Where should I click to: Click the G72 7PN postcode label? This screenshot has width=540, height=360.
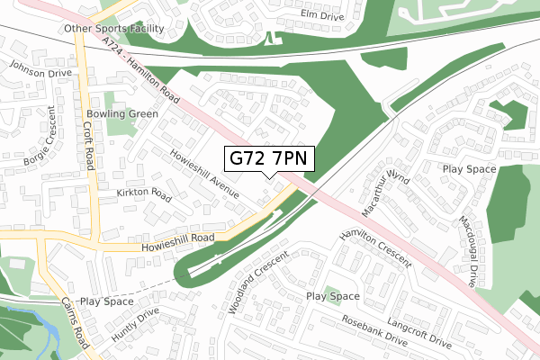pos(269,158)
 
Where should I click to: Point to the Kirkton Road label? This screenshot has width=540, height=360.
pos(142,194)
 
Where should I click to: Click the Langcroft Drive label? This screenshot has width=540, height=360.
pos(418,331)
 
